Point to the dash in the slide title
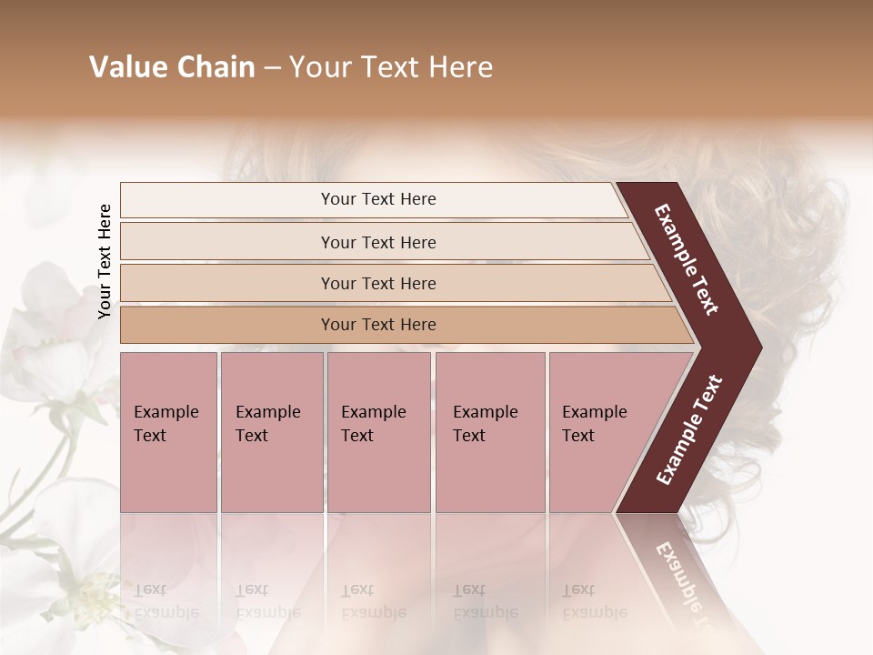coord(272,68)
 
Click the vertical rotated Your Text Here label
coord(105,261)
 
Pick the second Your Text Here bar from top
coord(378,242)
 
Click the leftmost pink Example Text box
coord(168,431)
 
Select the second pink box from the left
coord(271,431)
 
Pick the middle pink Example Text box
coord(378,431)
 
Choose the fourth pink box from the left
coord(489,431)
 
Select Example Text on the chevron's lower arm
coord(688,429)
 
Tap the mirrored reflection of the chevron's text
coord(682,582)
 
